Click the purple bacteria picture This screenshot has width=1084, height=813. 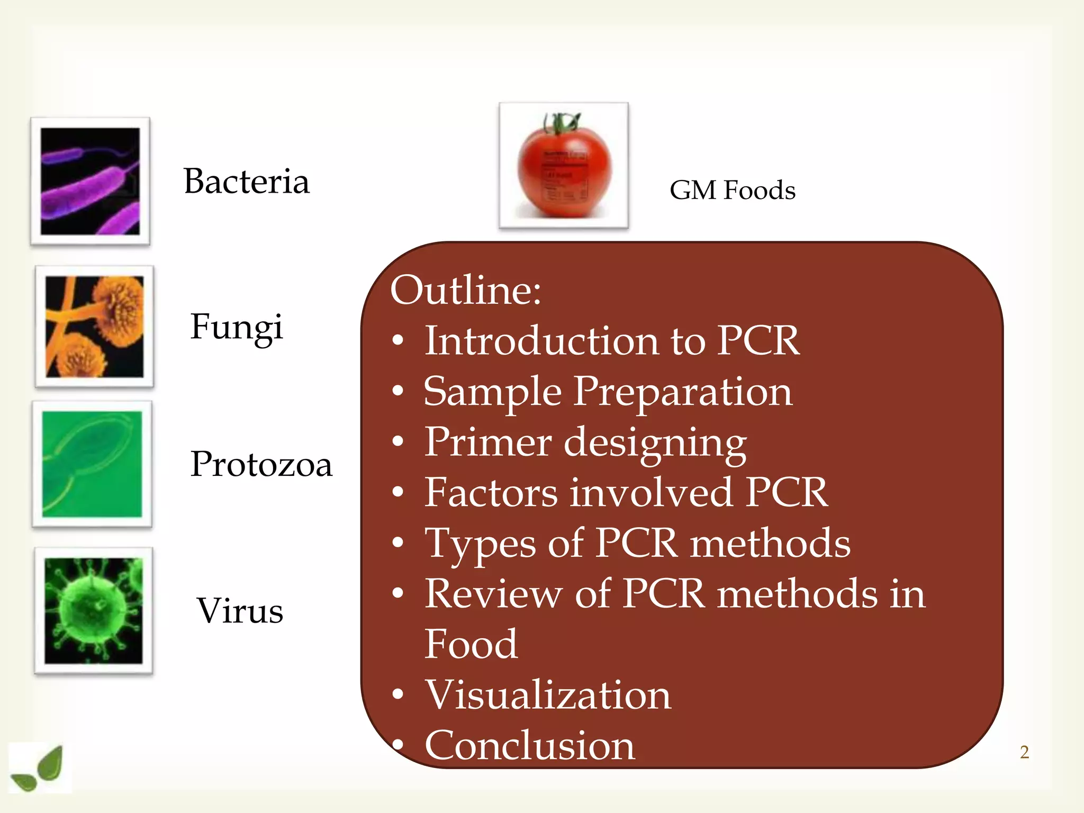click(x=90, y=181)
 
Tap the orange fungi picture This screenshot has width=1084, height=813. click(x=94, y=326)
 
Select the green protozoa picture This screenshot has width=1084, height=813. click(x=92, y=464)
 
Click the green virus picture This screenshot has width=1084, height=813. click(x=94, y=610)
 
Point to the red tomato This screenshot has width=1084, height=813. click(x=564, y=168)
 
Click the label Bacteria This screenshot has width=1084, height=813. click(x=246, y=182)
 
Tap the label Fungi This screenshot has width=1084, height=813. click(x=237, y=327)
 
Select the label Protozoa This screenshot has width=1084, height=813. click(x=261, y=464)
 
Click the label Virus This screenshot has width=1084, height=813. click(x=240, y=610)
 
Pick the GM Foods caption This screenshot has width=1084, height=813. click(x=732, y=190)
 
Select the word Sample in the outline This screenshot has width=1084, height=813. click(x=492, y=392)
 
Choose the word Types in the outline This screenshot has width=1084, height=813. click(x=481, y=544)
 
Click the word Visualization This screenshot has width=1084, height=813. click(x=548, y=694)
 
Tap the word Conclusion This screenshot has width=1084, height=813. click(x=530, y=745)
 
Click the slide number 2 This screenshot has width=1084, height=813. click(x=1024, y=752)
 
